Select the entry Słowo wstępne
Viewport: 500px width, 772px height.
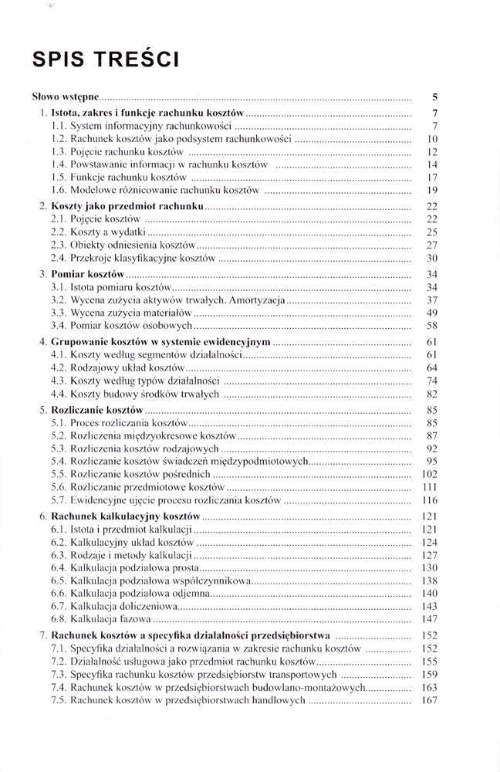[65, 98]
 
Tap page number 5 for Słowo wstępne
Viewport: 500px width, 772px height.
[435, 98]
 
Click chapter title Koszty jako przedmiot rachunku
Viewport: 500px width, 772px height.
[127, 207]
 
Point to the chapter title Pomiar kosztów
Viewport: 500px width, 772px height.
[87, 274]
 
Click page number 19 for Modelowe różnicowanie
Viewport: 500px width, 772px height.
[432, 190]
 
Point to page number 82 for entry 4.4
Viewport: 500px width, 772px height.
[432, 394]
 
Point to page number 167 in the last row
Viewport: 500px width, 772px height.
[430, 700]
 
